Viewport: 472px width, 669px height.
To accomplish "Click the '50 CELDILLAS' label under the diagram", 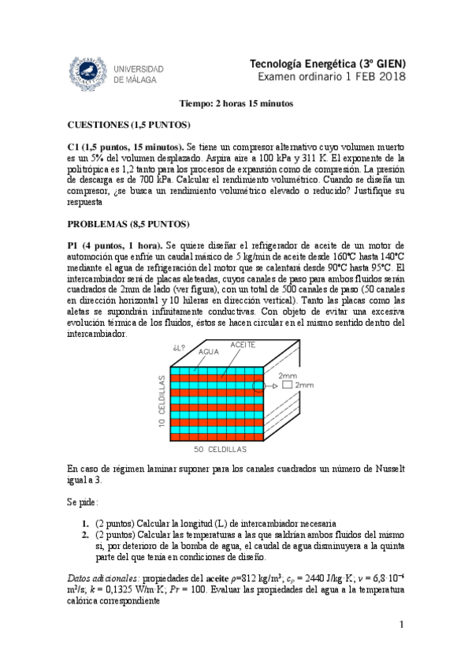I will pos(221,448).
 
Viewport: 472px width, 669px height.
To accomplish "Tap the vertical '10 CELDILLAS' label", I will pos(161,402).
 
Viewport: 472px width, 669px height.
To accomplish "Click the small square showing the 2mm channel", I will pos(287,386).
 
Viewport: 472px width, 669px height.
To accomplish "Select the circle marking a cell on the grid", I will pos(266,386).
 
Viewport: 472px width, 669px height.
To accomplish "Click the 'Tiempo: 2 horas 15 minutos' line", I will pos(236,103).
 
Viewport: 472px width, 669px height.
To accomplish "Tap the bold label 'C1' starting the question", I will pos(74,147).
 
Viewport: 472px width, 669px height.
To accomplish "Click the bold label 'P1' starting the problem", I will pos(74,245).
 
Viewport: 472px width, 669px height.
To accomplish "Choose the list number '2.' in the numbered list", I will pos(85,534).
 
